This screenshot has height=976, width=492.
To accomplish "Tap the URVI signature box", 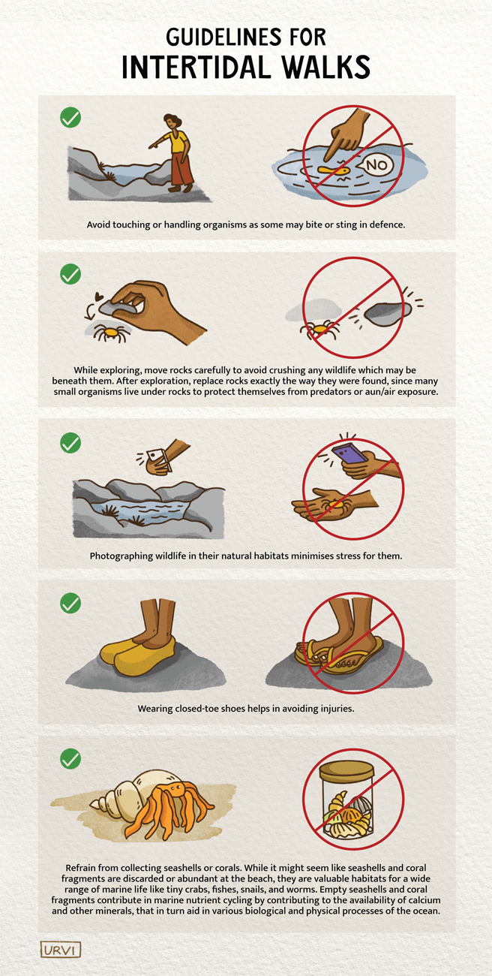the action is point(61,950).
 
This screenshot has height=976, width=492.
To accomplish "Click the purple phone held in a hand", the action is point(349,453).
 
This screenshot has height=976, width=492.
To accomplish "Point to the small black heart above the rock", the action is point(100,296).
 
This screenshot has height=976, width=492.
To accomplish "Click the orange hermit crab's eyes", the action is point(177,788).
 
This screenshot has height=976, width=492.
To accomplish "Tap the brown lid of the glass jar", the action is point(346,771).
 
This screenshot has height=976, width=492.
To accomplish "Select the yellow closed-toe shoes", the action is point(138,654).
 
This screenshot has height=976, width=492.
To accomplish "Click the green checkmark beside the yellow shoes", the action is point(70,603).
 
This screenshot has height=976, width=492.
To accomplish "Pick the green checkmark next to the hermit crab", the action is point(70,758).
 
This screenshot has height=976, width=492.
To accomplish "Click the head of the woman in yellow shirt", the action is point(172,121).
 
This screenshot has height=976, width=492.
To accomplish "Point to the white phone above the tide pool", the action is point(157,459).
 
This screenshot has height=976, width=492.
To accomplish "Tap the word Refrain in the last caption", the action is point(80,867).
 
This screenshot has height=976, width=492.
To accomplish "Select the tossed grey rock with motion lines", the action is point(388,312).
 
